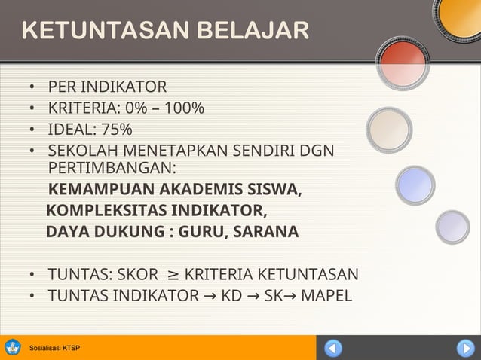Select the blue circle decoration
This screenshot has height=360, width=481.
(x=415, y=185)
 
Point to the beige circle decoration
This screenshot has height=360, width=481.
(x=389, y=130)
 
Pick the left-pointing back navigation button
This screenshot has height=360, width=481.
(x=333, y=348)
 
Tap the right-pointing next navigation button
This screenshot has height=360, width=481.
(x=464, y=348)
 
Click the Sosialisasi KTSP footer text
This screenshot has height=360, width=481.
(x=54, y=349)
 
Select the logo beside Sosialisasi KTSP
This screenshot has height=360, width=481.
(x=13, y=348)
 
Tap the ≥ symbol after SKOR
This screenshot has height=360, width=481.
(x=172, y=273)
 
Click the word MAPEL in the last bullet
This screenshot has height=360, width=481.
(x=326, y=294)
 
